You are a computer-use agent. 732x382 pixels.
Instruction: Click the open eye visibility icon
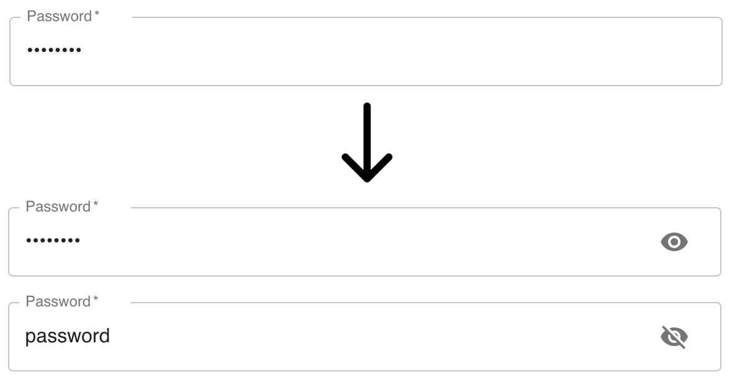674,242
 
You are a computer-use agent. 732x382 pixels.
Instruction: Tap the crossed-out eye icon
674,337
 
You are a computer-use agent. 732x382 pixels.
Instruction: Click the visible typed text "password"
68,336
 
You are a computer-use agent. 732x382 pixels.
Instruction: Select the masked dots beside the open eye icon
53,241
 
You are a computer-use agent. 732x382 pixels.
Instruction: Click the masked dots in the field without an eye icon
55,50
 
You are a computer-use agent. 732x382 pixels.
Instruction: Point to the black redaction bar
366,143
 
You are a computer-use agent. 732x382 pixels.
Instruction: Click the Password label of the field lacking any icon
60,17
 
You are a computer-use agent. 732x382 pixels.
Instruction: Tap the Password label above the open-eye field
58,207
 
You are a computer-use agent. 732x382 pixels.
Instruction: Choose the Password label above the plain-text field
58,302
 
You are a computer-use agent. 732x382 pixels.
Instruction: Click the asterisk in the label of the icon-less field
97,14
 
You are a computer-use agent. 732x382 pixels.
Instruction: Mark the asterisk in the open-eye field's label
96,205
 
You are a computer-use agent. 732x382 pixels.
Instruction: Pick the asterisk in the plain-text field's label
96,300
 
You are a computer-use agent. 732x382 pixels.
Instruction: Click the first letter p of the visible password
30,337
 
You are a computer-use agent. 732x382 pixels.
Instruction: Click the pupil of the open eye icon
674,242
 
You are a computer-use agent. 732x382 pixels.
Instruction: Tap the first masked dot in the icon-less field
30,50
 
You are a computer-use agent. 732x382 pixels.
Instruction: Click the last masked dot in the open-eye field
78,241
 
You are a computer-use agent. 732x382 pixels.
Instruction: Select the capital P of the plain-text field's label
30,302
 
